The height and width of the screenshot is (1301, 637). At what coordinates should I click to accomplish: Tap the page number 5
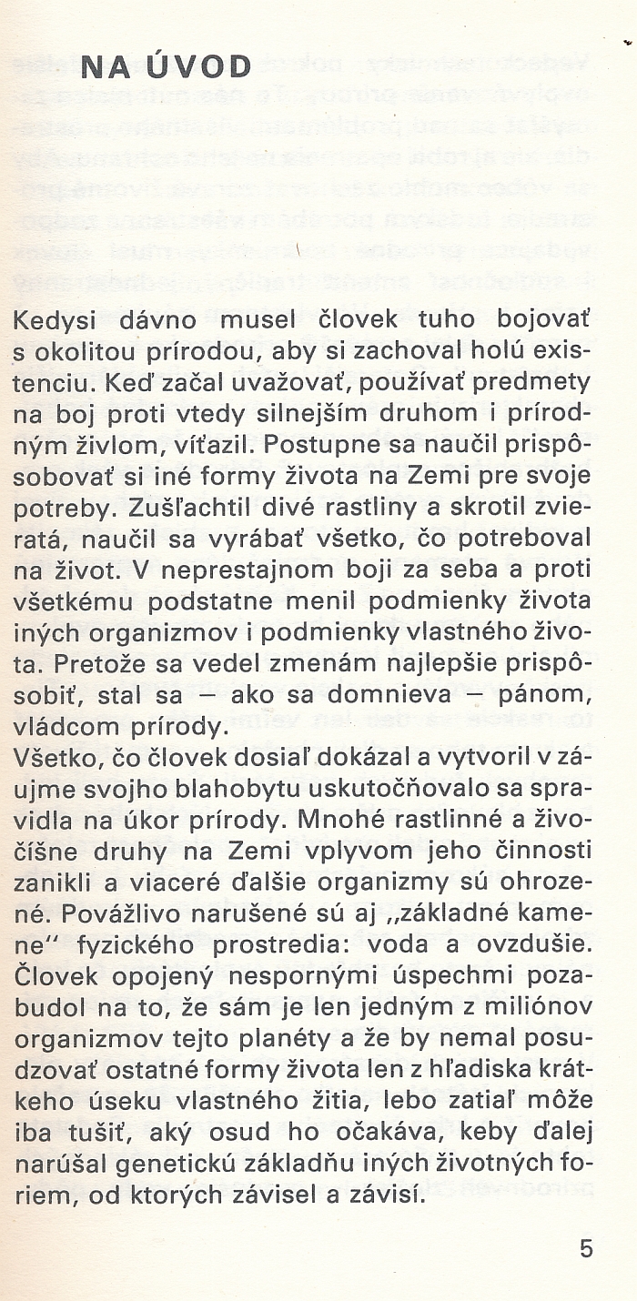point(586,1248)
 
